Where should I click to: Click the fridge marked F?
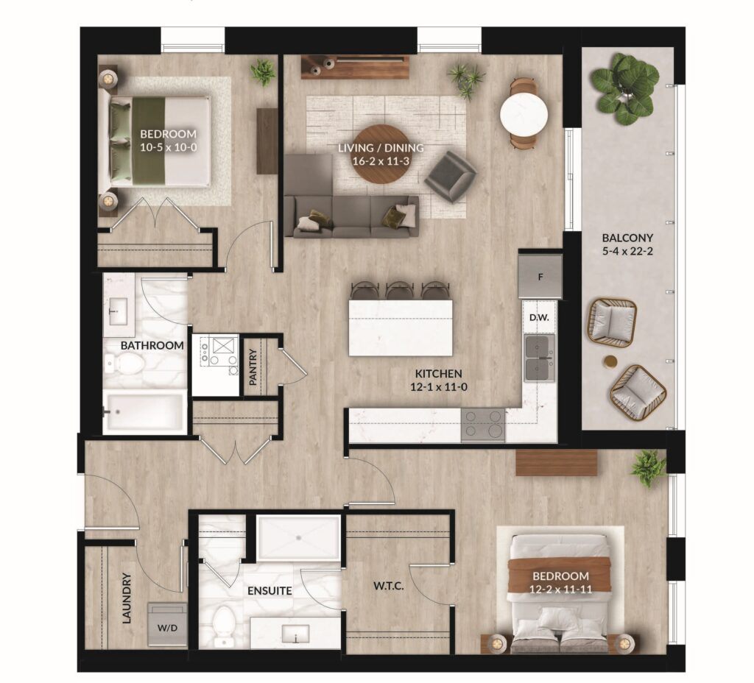pos(540,277)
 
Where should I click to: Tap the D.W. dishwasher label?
pos(540,318)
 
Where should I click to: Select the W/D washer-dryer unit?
pos(167,624)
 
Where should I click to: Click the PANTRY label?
pos(253,367)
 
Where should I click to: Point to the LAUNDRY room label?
pos(127,598)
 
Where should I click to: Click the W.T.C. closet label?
pos(389,586)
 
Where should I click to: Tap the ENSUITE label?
pos(269,590)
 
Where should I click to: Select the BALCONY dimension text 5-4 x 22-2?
pos(627,251)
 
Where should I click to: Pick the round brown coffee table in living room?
pos(381,154)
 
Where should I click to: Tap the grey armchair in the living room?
pos(451,176)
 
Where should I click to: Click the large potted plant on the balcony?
pos(624,89)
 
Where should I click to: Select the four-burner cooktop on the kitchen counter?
pos(483,425)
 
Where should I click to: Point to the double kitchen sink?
pos(540,358)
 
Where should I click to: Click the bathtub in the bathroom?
pos(144,412)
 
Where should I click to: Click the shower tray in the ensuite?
pos(298,537)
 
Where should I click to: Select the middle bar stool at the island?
pos(398,290)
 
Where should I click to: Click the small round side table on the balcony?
pos(610,362)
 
